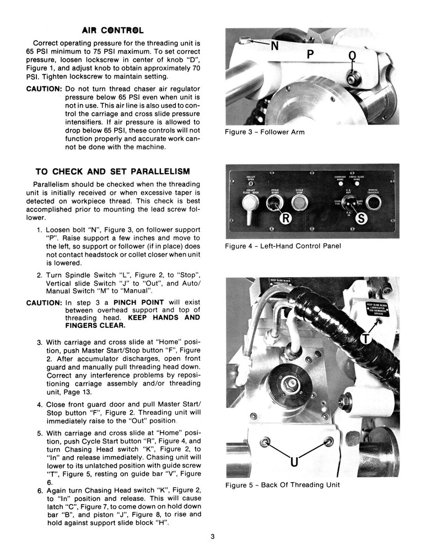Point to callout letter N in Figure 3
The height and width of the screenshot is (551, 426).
point(274,47)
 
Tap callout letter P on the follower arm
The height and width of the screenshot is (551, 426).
point(310,55)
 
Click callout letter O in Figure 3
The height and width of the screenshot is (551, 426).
point(353,56)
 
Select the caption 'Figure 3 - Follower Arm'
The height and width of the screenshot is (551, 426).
point(265,132)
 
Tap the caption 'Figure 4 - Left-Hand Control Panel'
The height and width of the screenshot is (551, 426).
point(283,246)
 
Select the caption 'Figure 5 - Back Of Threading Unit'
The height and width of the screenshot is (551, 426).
point(282,485)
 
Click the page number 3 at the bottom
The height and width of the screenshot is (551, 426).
point(212,536)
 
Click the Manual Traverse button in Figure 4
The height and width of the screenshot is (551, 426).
point(373,204)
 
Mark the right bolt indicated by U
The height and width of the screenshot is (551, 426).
point(329,441)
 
